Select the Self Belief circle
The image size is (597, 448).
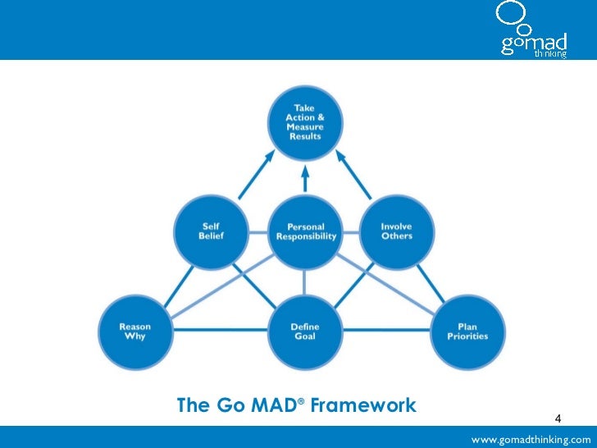tap(211, 232)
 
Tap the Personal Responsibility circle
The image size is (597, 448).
tap(305, 232)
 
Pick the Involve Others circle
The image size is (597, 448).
tap(397, 232)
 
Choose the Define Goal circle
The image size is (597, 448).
tap(305, 330)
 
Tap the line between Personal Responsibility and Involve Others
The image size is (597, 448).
tap(352, 233)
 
